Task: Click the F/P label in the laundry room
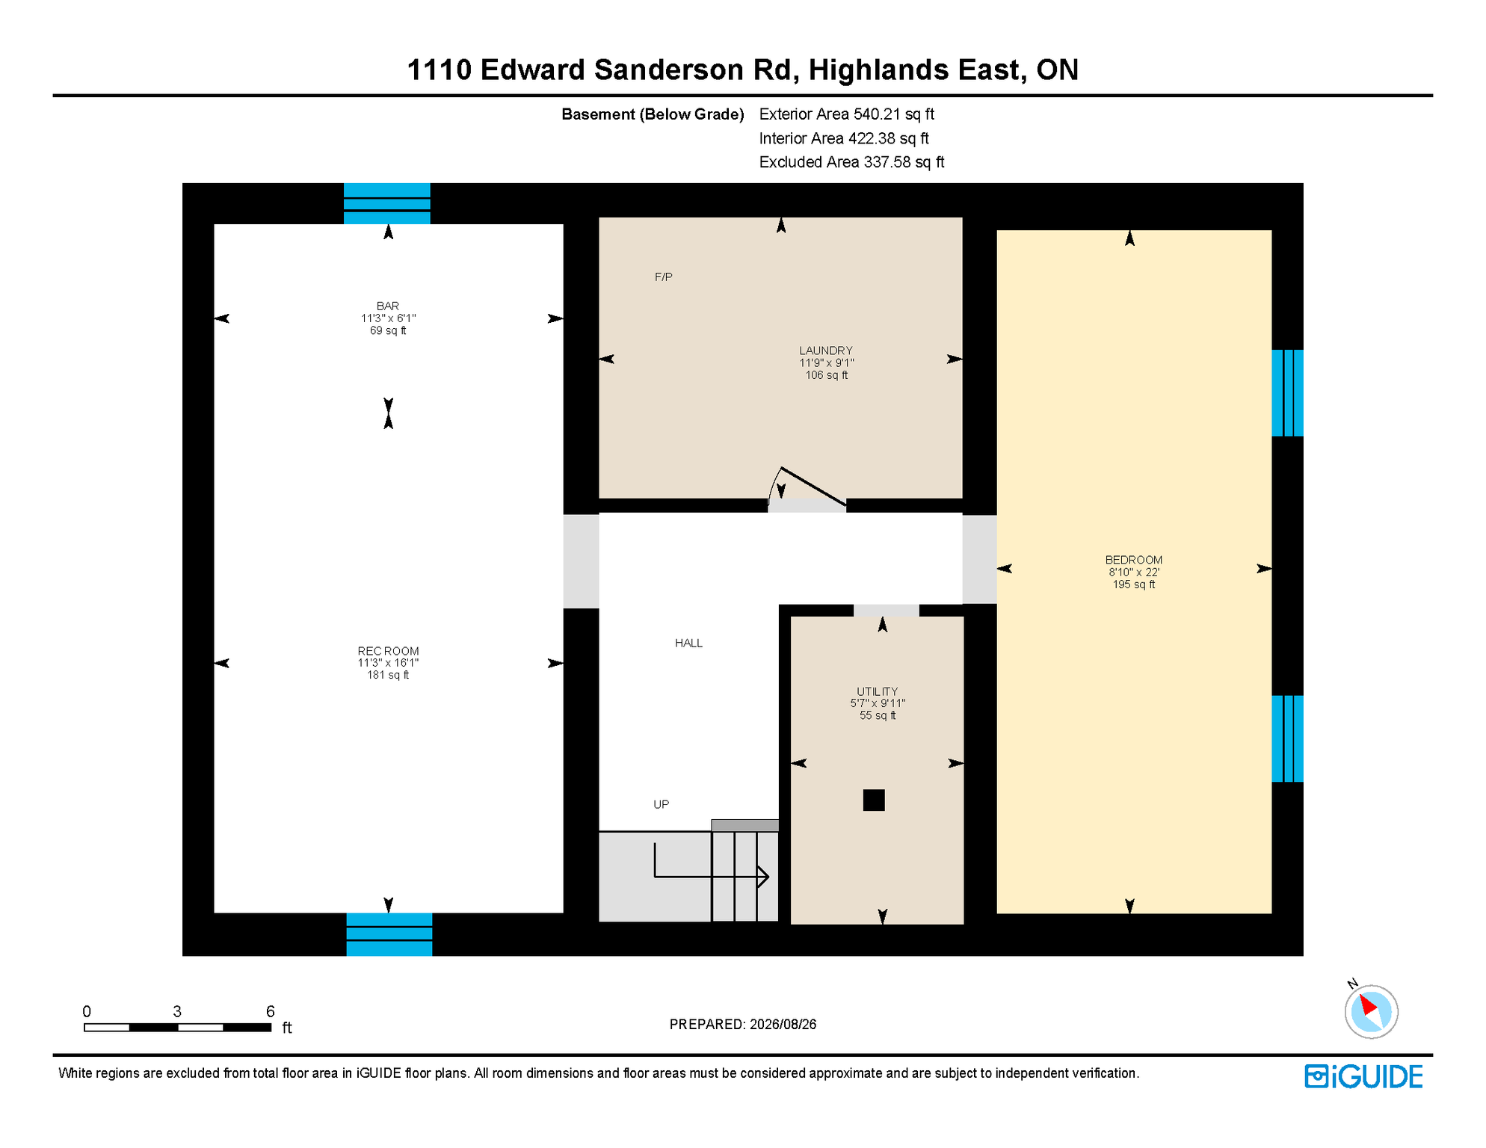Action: click(663, 277)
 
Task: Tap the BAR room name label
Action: click(388, 306)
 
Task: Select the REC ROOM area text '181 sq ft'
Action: click(388, 675)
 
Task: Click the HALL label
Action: click(688, 644)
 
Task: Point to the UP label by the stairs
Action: click(662, 805)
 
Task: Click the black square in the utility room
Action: click(874, 800)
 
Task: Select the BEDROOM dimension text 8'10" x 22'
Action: click(1134, 573)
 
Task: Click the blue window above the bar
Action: click(387, 203)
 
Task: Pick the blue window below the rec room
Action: click(389, 934)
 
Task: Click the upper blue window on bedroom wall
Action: click(1288, 393)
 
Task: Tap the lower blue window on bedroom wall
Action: click(1288, 738)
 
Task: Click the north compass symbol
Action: click(1371, 1010)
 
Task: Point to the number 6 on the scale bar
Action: click(271, 1011)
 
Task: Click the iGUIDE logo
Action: click(1364, 1076)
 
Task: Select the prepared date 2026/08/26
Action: click(783, 1025)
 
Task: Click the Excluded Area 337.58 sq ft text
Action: click(851, 162)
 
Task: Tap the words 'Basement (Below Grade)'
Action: click(653, 114)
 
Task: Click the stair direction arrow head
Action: click(763, 877)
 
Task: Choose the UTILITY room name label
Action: click(878, 692)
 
